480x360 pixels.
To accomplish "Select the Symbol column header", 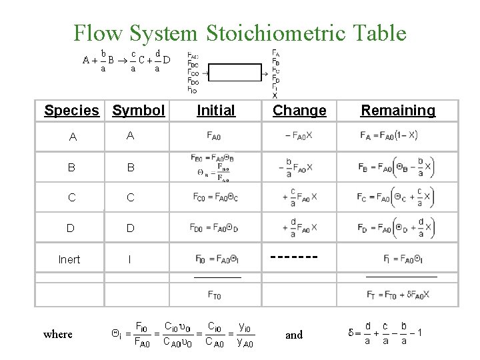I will click(139, 110).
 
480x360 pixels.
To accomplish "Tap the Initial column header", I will click(216, 110).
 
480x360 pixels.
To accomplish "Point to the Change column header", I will click(299, 110).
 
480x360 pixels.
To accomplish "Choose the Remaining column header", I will click(398, 110).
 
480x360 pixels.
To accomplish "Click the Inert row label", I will click(69, 259).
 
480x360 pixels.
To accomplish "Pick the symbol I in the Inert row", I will click(129, 259).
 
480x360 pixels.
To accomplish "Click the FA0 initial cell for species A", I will click(215, 137).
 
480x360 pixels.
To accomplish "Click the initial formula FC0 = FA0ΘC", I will click(215, 197).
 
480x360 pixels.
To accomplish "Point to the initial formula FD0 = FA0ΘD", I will click(215, 228).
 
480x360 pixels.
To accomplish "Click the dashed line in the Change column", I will click(294, 256).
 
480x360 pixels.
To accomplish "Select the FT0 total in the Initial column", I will click(215, 294).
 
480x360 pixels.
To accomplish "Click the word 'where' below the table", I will click(58, 334).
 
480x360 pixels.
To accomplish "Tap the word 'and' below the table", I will click(294, 335).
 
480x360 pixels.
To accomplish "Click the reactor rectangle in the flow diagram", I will click(239, 72).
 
